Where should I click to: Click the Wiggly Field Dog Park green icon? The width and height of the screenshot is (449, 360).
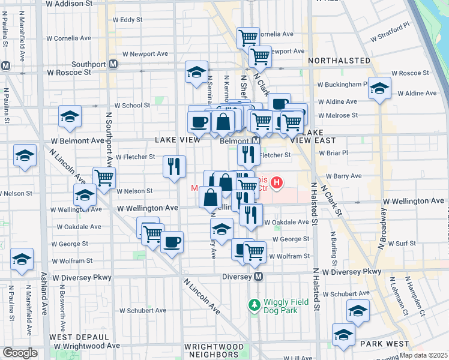255,305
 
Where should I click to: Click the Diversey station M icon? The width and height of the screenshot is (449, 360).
259,276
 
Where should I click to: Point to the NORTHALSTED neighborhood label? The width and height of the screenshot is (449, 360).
339,61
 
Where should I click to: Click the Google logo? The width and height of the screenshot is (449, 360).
20,353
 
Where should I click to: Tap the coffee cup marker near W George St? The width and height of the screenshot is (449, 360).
172,242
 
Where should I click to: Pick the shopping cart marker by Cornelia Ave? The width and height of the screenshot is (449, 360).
248,38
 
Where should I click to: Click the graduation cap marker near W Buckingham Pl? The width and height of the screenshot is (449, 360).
379,88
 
